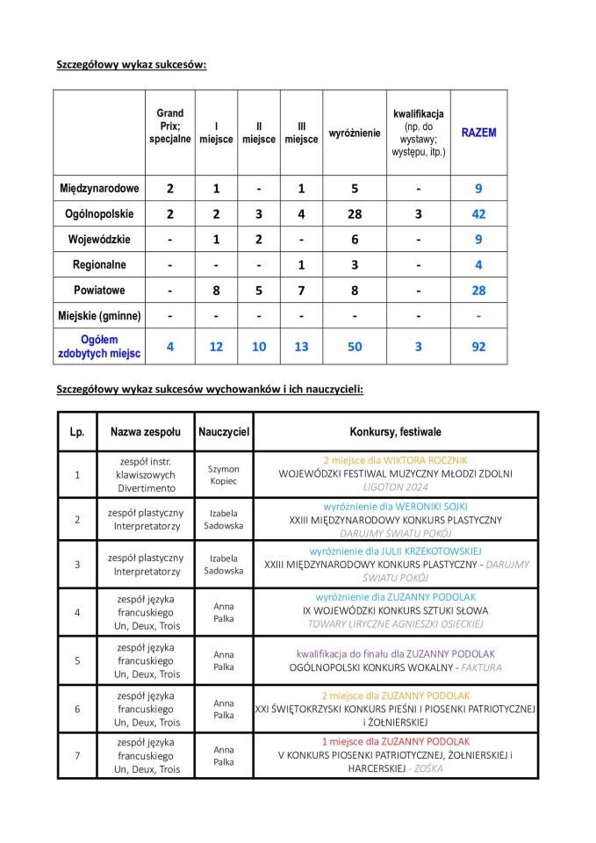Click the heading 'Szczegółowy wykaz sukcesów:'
point(131,64)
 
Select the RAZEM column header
point(478,133)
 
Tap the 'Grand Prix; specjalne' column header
point(169,126)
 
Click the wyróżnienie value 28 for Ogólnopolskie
point(355,213)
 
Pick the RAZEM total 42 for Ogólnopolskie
point(478,213)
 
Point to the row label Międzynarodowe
point(99,188)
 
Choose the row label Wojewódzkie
point(99,239)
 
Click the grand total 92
point(478,346)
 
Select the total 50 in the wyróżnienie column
point(355,346)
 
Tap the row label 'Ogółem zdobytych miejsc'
point(99,346)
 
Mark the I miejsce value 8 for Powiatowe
point(216,290)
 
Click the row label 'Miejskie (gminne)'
point(99,315)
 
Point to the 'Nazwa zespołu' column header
point(146,432)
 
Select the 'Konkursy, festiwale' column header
point(395,432)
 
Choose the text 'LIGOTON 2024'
point(395,487)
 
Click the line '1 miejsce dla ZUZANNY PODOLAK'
point(395,741)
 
